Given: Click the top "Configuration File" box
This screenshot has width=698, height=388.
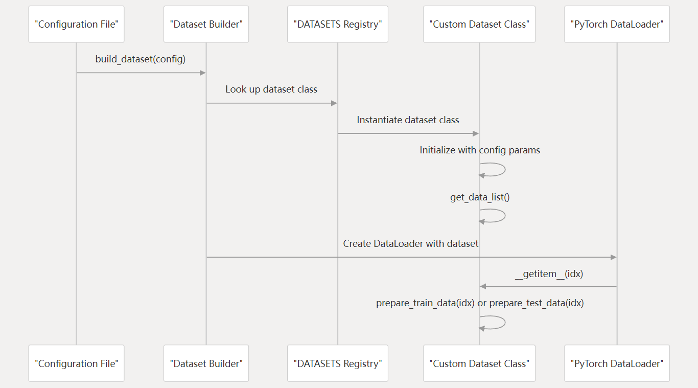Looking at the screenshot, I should [76, 24].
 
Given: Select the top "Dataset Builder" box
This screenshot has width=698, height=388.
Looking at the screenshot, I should [206, 24].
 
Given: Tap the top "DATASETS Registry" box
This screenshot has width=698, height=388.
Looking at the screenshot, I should [337, 24].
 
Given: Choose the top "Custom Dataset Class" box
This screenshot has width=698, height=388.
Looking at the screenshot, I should [479, 24].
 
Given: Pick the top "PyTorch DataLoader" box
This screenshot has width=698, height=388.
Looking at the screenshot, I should [617, 24].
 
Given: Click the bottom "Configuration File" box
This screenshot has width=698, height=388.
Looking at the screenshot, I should [76, 363].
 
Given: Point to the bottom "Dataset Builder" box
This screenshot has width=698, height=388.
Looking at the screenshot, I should [206, 363].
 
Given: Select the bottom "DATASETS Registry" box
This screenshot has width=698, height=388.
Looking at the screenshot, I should [337, 363].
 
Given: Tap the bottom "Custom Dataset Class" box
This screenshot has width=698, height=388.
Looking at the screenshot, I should [479, 363].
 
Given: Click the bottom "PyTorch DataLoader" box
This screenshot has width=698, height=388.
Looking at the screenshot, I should [617, 363].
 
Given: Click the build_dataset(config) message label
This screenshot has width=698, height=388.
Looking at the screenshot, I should [141, 59].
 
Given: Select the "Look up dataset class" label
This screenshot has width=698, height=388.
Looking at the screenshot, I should [271, 89].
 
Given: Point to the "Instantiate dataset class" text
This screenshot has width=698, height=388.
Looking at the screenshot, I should [408, 120].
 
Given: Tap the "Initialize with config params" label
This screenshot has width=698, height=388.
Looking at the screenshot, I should [480, 150].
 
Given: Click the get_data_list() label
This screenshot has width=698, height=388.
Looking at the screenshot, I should [480, 197].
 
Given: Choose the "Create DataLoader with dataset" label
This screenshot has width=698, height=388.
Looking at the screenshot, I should [411, 244].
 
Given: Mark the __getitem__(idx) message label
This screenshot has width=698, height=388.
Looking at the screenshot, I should [549, 274].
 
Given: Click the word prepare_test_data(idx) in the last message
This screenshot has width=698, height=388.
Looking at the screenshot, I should [537, 303].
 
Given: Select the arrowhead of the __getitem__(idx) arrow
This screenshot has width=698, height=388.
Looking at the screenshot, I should [483, 286].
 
